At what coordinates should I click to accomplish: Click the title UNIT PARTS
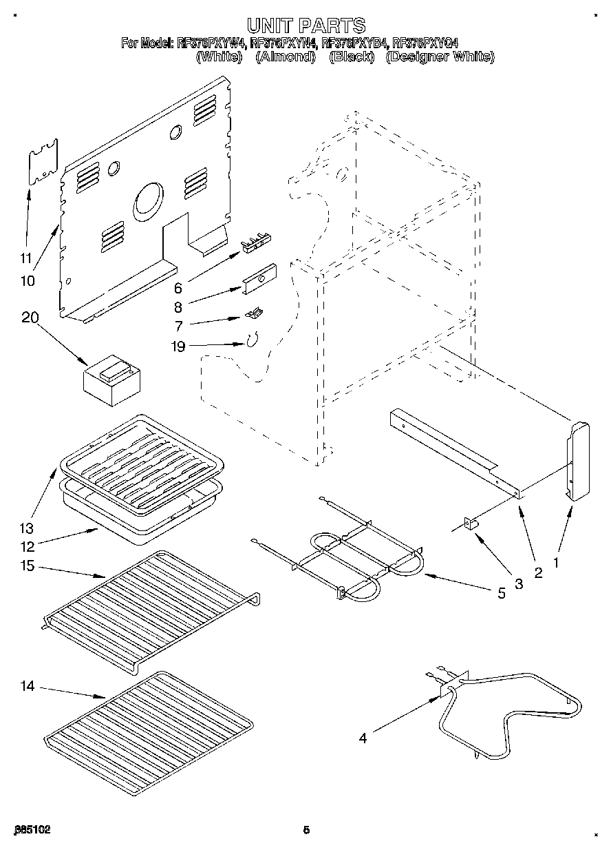point(305,26)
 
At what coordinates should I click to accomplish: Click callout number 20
point(30,318)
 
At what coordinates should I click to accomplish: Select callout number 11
point(25,259)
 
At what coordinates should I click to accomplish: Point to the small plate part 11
point(43,161)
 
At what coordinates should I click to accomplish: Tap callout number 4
point(362,738)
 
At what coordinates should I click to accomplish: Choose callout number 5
point(501,592)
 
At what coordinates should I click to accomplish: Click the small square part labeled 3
point(473,524)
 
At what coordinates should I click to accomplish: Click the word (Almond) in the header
point(285,57)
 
